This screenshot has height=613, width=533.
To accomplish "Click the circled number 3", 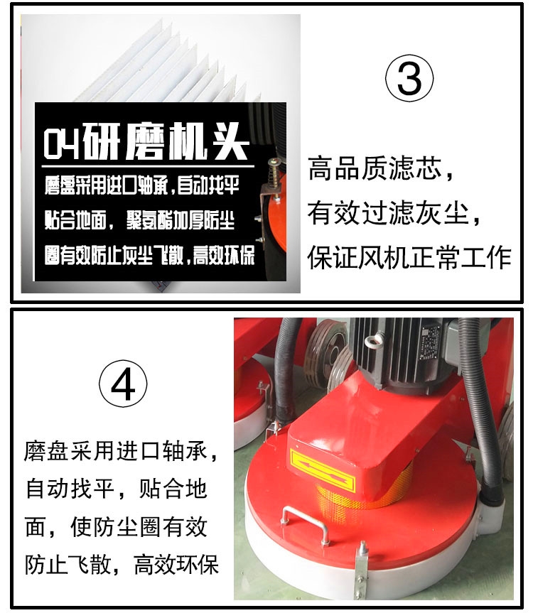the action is (409, 78).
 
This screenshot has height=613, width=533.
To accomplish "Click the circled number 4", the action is (123, 384).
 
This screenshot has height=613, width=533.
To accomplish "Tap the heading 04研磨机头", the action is (146, 141).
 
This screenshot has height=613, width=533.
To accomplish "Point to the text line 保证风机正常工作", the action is (409, 258).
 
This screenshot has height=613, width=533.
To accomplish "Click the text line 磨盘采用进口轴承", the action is (121, 452).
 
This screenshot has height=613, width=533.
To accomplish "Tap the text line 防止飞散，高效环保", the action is (122, 565).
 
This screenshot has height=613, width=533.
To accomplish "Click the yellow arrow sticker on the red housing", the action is (323, 471).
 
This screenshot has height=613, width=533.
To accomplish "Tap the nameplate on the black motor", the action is (430, 342).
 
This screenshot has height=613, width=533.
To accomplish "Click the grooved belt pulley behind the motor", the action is (326, 354).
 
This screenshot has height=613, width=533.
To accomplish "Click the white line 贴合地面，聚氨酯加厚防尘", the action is (139, 220).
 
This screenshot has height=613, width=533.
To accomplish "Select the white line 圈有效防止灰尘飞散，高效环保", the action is (149, 255).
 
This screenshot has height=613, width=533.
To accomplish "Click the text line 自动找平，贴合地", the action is (116, 489).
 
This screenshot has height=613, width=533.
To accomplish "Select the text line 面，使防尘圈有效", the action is (116, 527).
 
